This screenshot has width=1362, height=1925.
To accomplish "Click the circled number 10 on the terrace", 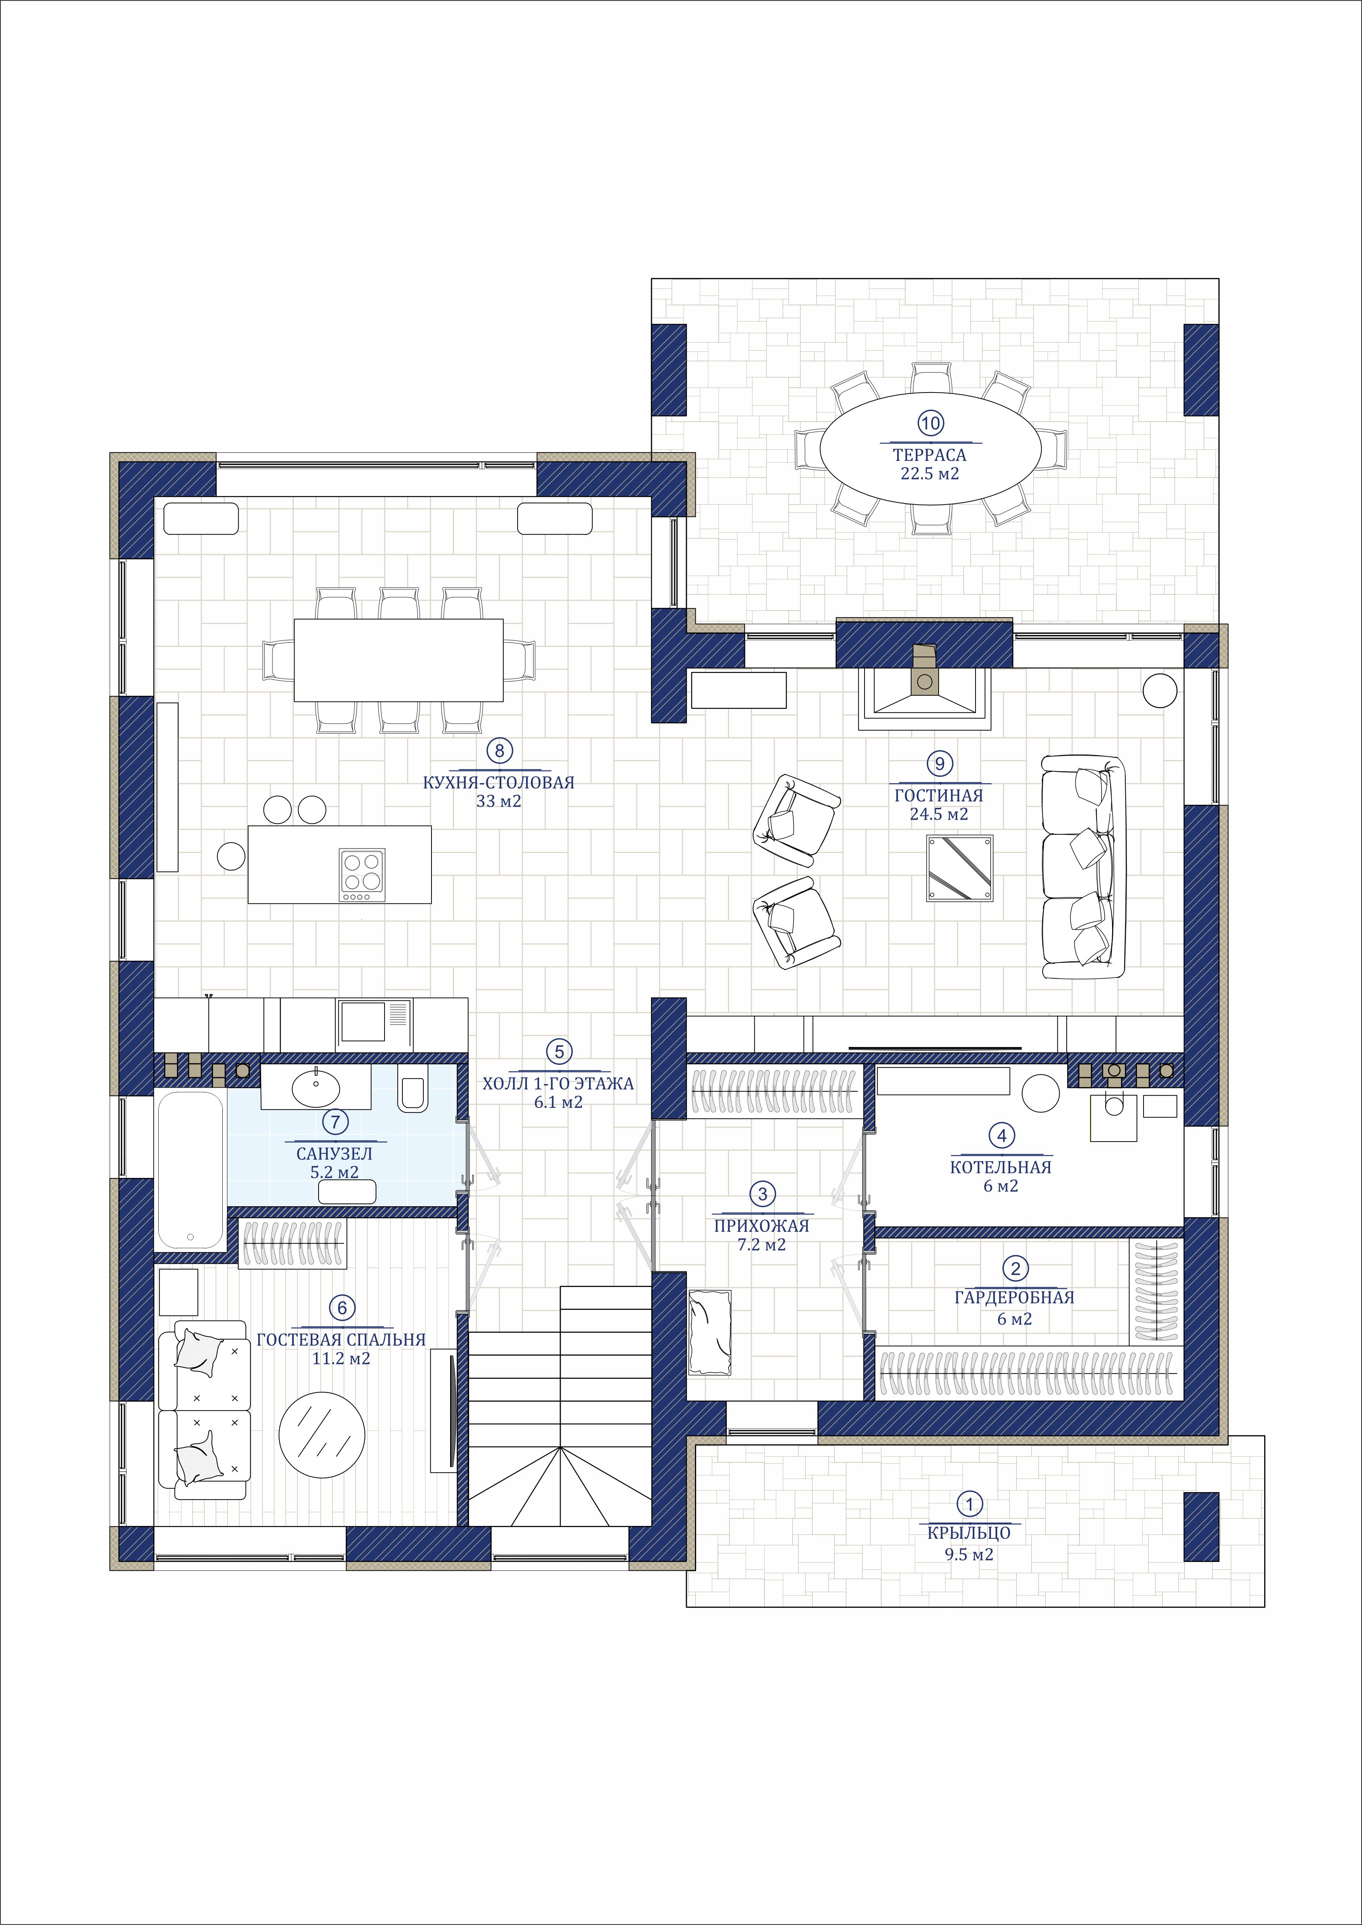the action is coord(930,424).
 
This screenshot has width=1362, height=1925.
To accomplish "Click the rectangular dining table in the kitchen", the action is coord(399,660).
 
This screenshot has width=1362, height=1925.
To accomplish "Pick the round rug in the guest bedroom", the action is coord(322,1434).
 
